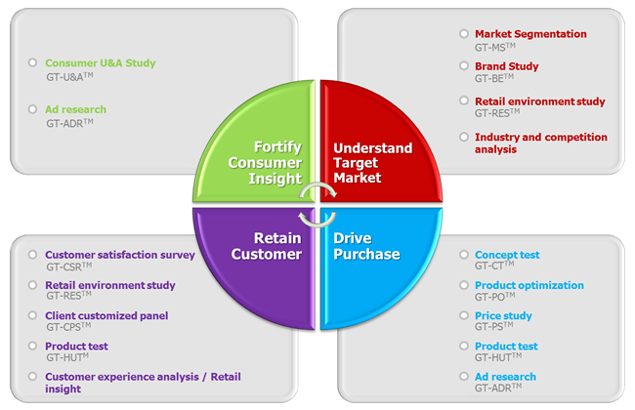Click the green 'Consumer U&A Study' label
[100, 63]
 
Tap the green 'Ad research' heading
[76, 109]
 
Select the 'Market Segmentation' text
[530, 34]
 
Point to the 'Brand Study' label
[507, 66]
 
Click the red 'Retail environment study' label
[540, 102]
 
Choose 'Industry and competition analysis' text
[541, 143]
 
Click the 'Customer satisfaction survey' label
[120, 255]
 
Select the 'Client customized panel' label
[106, 315]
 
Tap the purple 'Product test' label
[76, 347]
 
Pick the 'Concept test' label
[507, 255]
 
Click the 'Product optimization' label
[529, 285]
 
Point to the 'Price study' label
[503, 315]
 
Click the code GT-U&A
[69, 76]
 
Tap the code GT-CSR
[68, 266]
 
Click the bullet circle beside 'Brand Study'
[464, 65]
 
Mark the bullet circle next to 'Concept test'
[464, 254]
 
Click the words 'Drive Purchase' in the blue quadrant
[366, 246]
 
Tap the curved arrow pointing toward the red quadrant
[318, 184]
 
